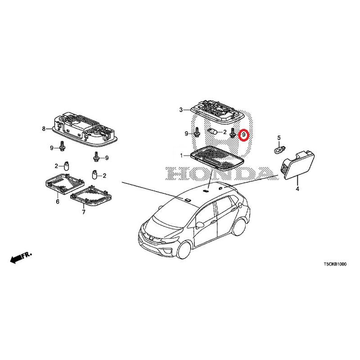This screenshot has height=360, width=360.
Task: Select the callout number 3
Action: point(181,110)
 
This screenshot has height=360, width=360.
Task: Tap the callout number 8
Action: point(44,129)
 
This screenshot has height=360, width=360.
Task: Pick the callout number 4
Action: point(297,189)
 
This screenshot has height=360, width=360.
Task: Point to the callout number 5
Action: point(279,138)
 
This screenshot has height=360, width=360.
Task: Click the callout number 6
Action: point(58,202)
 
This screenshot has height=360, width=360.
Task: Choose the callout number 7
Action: point(84,212)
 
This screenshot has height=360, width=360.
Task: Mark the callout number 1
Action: point(181,156)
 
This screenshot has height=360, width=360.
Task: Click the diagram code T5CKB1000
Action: point(335,264)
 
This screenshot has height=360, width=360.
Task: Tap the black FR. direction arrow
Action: point(21,257)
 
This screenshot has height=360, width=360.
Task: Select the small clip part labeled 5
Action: point(280,150)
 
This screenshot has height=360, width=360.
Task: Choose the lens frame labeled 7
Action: point(91,196)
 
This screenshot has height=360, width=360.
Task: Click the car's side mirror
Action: point(199,224)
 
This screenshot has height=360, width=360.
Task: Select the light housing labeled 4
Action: point(297,165)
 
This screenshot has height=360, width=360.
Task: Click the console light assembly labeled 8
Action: point(85,130)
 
